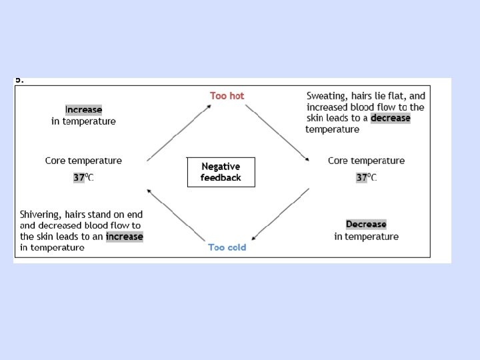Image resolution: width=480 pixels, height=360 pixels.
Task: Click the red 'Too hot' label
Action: pyautogui.click(x=227, y=96)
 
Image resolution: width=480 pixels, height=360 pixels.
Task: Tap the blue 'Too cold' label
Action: pyautogui.click(x=227, y=247)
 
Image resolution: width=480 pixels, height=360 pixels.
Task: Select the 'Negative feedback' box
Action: pyautogui.click(x=221, y=172)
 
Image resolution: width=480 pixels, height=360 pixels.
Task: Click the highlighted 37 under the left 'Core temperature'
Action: pyautogui.click(x=79, y=177)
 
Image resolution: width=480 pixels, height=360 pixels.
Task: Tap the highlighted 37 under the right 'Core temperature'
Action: pyautogui.click(x=362, y=177)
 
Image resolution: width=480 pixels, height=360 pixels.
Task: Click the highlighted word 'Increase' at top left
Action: pyautogui.click(x=83, y=109)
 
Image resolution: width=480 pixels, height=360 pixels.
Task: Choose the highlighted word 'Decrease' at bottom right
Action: pyautogui.click(x=366, y=224)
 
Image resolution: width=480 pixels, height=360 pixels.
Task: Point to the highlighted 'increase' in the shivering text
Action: pyautogui.click(x=124, y=236)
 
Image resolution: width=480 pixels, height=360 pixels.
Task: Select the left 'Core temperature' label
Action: pyautogui.click(x=83, y=161)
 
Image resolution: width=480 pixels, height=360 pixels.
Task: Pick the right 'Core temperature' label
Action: pyautogui.click(x=366, y=161)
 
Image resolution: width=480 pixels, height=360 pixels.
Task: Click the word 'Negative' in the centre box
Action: pyautogui.click(x=221, y=167)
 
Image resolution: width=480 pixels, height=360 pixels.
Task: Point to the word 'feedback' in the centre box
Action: pyautogui.click(x=221, y=177)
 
